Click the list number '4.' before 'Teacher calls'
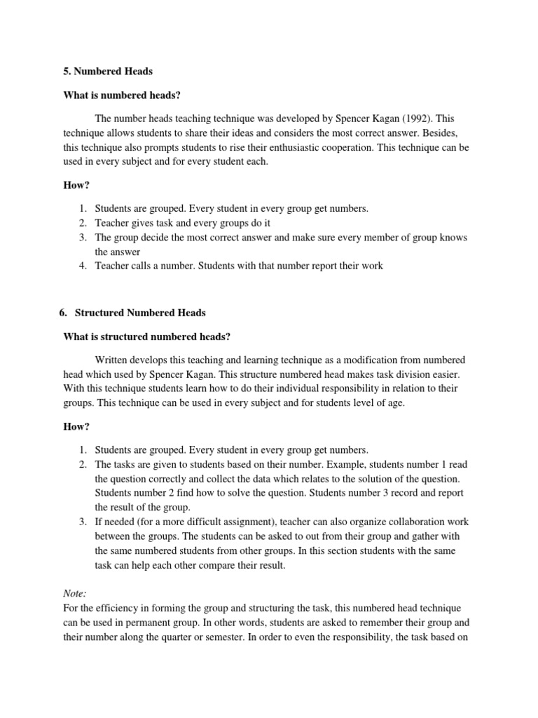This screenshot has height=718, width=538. coord(82,266)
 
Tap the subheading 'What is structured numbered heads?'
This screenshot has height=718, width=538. coord(146,337)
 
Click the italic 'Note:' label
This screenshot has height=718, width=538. coord(74,593)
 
